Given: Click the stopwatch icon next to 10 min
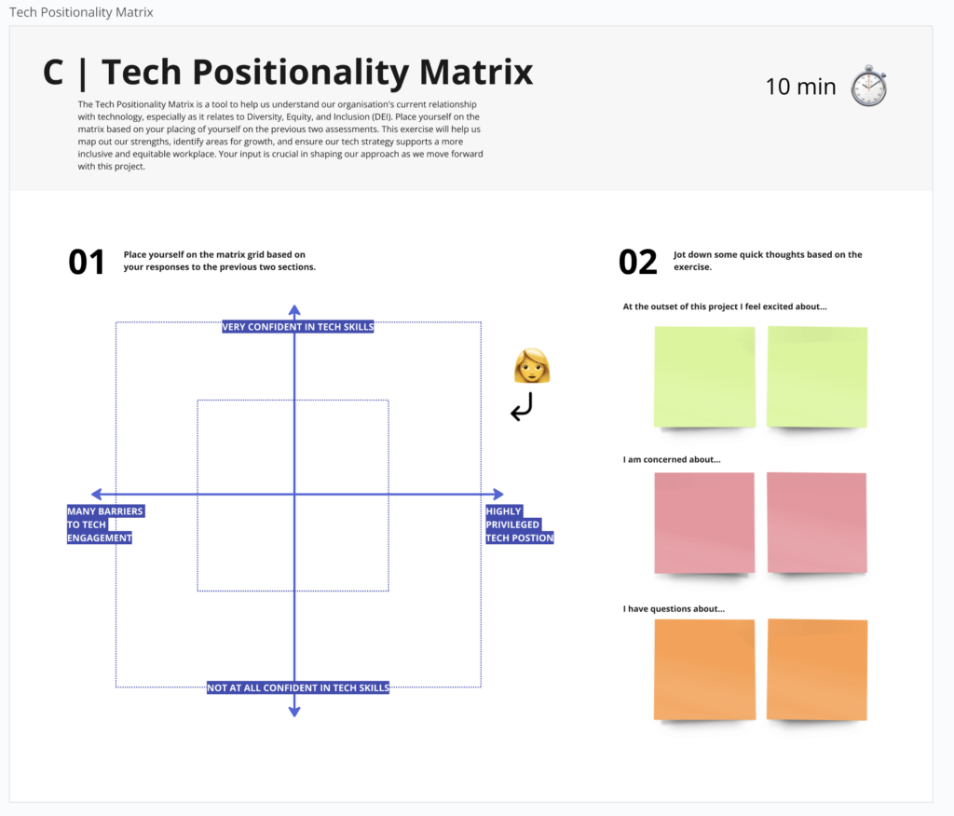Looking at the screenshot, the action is [x=869, y=86].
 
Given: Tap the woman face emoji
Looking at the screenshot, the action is [x=532, y=366].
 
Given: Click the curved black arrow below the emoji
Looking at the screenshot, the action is [x=522, y=406].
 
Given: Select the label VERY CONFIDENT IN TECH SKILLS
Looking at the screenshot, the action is [x=297, y=327].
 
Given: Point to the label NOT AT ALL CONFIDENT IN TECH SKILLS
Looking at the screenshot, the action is [x=297, y=687].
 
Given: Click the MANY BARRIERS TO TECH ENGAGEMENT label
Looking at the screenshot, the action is [x=105, y=524].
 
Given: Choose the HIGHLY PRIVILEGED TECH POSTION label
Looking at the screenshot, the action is [x=520, y=524].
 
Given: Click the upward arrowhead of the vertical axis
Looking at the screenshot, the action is [x=294, y=310].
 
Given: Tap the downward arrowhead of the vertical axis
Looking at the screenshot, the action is [x=294, y=712].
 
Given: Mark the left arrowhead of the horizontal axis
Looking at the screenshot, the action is [x=96, y=494].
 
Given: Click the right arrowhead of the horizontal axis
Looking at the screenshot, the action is [x=498, y=494].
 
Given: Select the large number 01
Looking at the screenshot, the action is [x=87, y=263].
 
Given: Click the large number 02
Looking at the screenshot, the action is [x=637, y=263].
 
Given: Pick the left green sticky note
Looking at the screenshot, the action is [x=704, y=376].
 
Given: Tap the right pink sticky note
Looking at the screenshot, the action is [x=817, y=523].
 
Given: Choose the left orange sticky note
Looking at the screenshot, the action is [x=704, y=670].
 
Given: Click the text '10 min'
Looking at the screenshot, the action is [x=800, y=87].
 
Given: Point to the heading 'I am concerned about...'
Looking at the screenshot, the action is [x=672, y=459].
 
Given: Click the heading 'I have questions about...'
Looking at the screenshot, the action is [x=674, y=608].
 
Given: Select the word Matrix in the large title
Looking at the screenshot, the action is [x=476, y=72].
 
